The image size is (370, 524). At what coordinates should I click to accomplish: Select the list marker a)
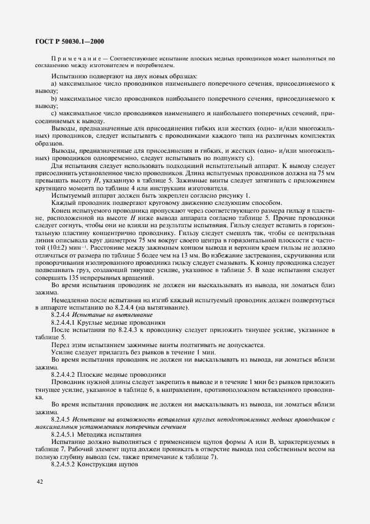[x=55, y=83]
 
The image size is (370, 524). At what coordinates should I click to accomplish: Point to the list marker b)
[x=55, y=99]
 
